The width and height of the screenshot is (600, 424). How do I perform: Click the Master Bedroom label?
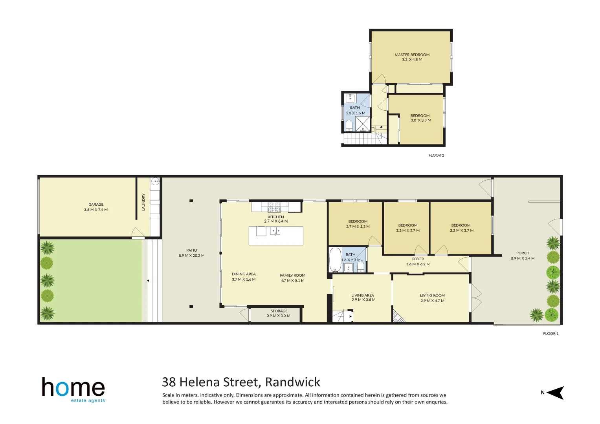tap(412, 55)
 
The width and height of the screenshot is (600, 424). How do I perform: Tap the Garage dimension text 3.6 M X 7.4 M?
tap(95, 210)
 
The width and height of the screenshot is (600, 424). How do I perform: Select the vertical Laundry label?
tap(143, 202)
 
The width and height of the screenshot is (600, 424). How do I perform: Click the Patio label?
tap(192, 250)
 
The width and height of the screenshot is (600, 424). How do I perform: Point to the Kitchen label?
tap(276, 217)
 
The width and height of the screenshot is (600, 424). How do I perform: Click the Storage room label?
tap(279, 311)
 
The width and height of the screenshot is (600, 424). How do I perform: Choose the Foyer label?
tap(418, 259)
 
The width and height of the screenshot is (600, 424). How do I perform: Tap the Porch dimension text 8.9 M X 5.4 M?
tap(523, 258)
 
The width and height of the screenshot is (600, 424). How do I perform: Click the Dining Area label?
tap(244, 274)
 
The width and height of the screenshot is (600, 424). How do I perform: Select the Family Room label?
tap(292, 275)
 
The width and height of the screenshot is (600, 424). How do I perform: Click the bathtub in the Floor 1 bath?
tap(335, 260)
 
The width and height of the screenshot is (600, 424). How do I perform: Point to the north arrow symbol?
tap(555, 393)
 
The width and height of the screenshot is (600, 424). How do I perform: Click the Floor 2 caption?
tap(436, 155)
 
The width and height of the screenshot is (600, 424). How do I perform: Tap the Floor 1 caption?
tap(550, 334)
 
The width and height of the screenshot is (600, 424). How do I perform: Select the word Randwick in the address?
tap(293, 382)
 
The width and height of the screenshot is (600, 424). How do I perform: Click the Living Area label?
tap(363, 295)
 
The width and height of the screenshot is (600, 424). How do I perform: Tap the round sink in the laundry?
tap(156, 181)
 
